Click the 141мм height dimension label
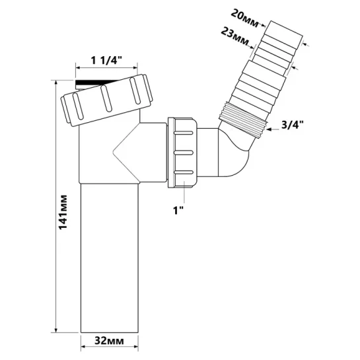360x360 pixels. click(x=63, y=213)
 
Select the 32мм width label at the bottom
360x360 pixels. click(x=109, y=341)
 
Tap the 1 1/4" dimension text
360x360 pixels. click(x=106, y=61)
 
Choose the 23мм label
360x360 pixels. click(x=234, y=36)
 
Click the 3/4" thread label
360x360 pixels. click(x=293, y=125)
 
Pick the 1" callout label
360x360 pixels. click(x=178, y=210)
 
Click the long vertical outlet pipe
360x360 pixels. click(x=110, y=258)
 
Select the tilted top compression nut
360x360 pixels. click(x=107, y=100)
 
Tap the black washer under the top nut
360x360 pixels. click(x=96, y=83)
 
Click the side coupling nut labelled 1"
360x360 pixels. click(x=182, y=153)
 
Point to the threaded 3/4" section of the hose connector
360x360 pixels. click(x=243, y=120)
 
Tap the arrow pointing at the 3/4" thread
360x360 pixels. click(x=273, y=129)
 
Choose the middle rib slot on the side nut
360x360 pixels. click(x=183, y=153)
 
